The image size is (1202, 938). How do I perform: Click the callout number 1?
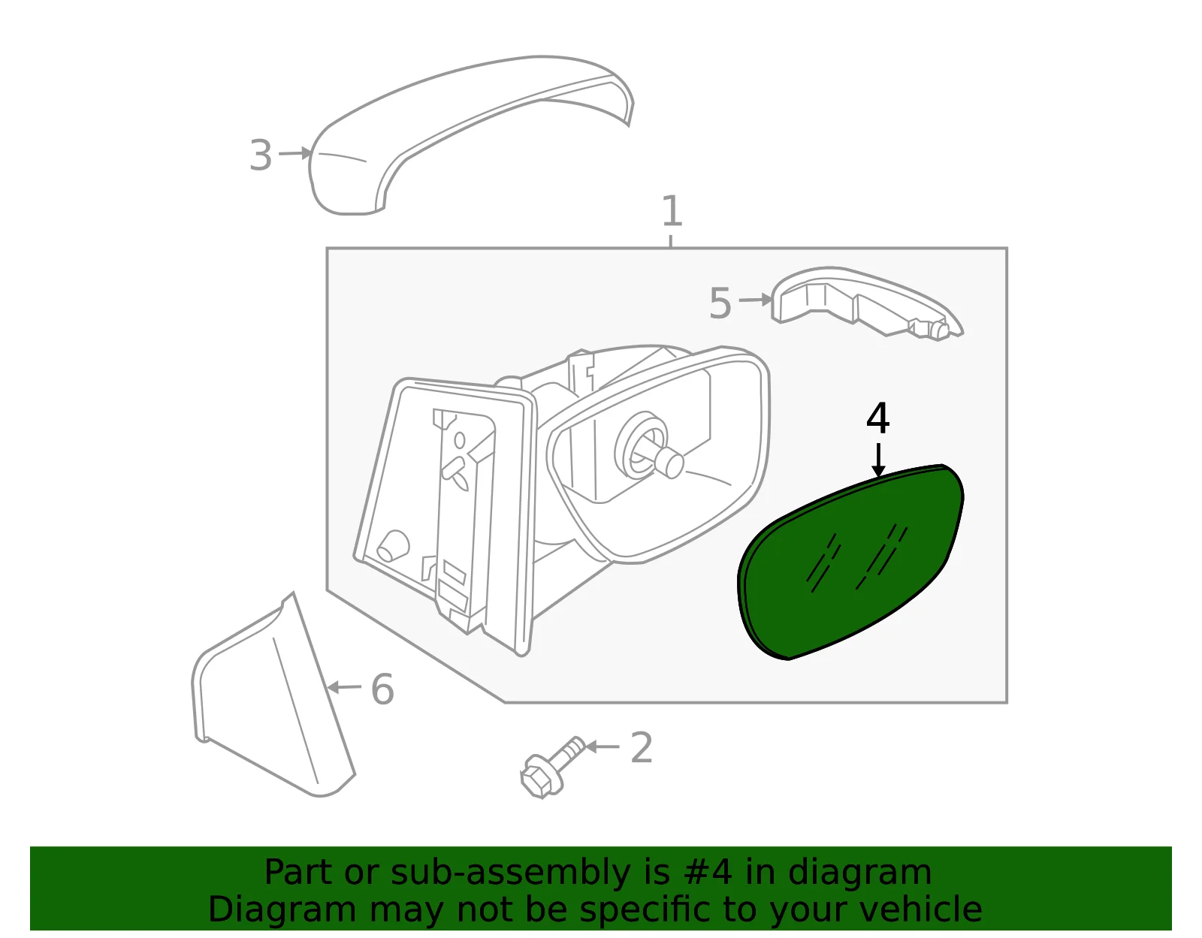[672, 211]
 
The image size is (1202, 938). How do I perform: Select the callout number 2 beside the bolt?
[641, 747]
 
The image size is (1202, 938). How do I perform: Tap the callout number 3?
[261, 155]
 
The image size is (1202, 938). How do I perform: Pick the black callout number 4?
[878, 418]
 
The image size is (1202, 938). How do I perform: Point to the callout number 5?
[720, 303]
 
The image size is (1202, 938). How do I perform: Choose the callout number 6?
[382, 689]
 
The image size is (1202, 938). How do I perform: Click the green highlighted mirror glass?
[850, 561]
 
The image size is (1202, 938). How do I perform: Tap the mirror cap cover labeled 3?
[471, 135]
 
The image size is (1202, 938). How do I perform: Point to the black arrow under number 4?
[878, 460]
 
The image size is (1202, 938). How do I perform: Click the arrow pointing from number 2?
[603, 746]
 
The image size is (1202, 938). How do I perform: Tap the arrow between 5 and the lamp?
[756, 300]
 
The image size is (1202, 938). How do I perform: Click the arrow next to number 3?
[294, 153]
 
